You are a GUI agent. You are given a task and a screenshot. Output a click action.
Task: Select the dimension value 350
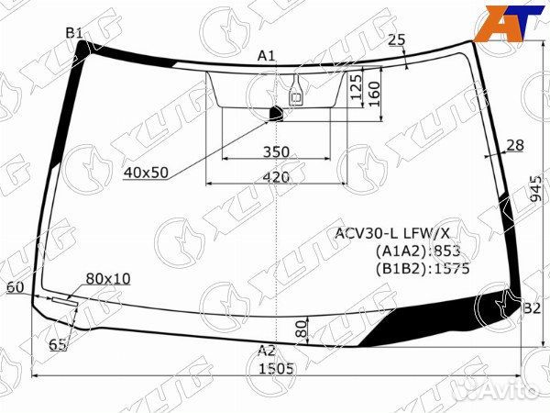275,151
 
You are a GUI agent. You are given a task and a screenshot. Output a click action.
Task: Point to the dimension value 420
275,177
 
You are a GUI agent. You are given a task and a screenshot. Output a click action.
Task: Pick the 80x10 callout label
108,278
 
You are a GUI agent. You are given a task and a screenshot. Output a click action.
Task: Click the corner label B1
74,33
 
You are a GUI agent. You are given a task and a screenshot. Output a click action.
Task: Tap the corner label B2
532,308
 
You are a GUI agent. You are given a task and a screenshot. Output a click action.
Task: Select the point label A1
266,56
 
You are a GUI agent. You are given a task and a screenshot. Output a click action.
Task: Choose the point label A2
266,350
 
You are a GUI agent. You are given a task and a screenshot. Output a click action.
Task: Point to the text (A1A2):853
417,251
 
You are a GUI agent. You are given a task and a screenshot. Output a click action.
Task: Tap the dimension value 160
373,92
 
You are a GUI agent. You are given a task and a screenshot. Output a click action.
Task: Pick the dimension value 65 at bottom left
57,345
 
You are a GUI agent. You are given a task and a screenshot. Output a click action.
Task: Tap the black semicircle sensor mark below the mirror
276,113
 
